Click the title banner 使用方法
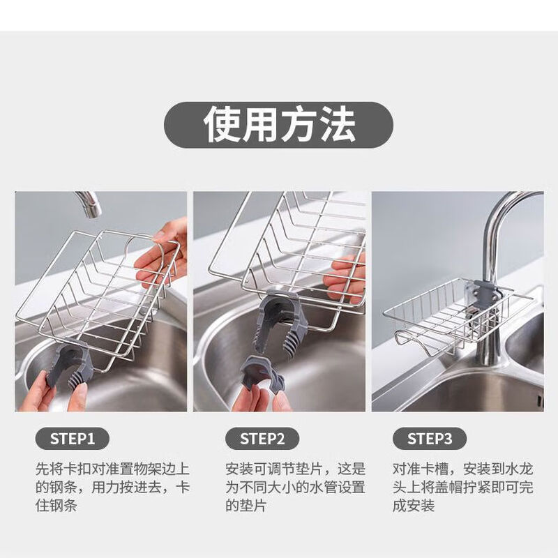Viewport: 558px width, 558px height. [x=279, y=124]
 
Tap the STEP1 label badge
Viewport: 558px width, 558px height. [x=73, y=439]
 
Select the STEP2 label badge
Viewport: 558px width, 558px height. [x=262, y=439]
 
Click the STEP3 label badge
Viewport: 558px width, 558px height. [x=430, y=439]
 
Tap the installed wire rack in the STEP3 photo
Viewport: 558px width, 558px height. [x=446, y=314]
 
